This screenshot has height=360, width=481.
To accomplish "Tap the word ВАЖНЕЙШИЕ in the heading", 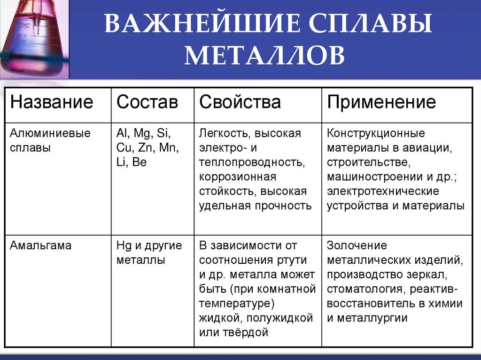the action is coord(202,23).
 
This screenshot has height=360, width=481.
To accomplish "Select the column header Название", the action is coord(52,102).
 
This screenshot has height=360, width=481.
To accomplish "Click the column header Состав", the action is coord(147,102).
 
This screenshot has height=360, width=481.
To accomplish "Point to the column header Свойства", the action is coord(240,102).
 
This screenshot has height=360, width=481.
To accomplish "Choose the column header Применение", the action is coord(381,102).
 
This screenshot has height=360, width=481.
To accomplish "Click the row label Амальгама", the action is coord(40,245).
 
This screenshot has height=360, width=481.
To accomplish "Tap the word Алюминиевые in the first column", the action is coord(50,133).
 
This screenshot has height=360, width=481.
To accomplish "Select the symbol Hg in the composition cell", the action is coord(124,246).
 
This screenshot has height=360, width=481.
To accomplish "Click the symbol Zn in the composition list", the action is coord(146,148).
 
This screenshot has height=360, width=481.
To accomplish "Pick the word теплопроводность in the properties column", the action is coord(252,162).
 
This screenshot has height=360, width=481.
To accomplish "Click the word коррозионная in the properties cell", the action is coord(238,177).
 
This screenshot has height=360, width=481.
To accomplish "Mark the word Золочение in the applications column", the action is coord(357,245).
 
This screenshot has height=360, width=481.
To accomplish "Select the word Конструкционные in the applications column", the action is coord(376,134).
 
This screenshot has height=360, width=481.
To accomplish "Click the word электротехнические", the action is coord(383,191).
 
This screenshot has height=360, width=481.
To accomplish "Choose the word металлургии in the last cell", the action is coord(372,318).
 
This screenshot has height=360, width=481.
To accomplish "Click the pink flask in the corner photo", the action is coord(34,38).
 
